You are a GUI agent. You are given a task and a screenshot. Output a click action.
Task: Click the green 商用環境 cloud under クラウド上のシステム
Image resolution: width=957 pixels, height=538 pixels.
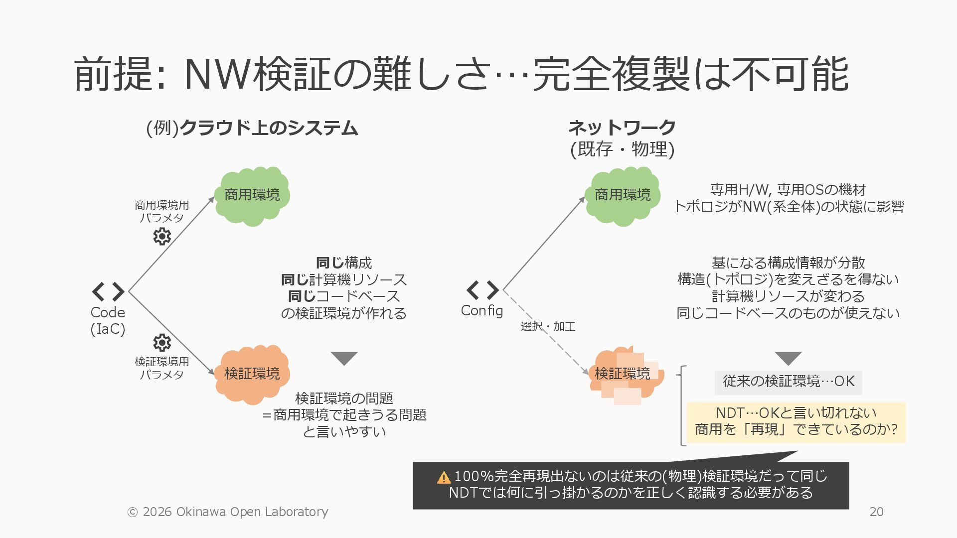[252, 195]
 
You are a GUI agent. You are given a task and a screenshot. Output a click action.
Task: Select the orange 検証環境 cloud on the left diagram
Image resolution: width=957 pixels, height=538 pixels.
[252, 374]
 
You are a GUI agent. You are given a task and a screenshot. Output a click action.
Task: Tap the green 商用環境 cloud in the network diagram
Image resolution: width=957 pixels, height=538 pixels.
[623, 195]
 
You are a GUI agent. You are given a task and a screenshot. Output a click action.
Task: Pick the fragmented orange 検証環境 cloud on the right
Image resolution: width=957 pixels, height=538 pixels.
[626, 375]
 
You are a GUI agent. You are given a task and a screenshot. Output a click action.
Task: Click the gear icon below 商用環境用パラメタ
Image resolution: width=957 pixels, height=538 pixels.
[162, 236]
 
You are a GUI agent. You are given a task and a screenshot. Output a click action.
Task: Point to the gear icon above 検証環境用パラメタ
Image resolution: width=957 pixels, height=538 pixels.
[162, 343]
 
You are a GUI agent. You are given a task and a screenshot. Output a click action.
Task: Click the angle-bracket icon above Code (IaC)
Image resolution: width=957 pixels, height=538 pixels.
[108, 292]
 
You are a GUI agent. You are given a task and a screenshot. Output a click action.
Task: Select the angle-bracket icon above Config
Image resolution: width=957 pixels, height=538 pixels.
[482, 290]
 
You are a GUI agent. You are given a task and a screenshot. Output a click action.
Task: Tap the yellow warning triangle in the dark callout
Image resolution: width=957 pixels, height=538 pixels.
[443, 478]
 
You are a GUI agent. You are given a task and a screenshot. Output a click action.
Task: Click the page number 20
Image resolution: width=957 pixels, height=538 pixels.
[876, 512]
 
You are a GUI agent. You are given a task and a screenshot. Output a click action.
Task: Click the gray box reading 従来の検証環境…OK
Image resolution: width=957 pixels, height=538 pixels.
[788, 382]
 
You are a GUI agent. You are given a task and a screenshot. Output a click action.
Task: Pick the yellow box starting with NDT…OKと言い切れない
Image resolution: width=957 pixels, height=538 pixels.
[796, 421]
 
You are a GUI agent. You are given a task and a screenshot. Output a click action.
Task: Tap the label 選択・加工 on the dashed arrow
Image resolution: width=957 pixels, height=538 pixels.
[548, 326]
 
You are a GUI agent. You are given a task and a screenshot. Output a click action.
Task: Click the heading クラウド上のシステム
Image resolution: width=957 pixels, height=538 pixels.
[268, 128]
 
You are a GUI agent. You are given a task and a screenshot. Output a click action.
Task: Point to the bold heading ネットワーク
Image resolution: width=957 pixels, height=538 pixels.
[622, 128]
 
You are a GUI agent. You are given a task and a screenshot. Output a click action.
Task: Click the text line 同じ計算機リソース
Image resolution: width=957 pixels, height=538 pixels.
[344, 279]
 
